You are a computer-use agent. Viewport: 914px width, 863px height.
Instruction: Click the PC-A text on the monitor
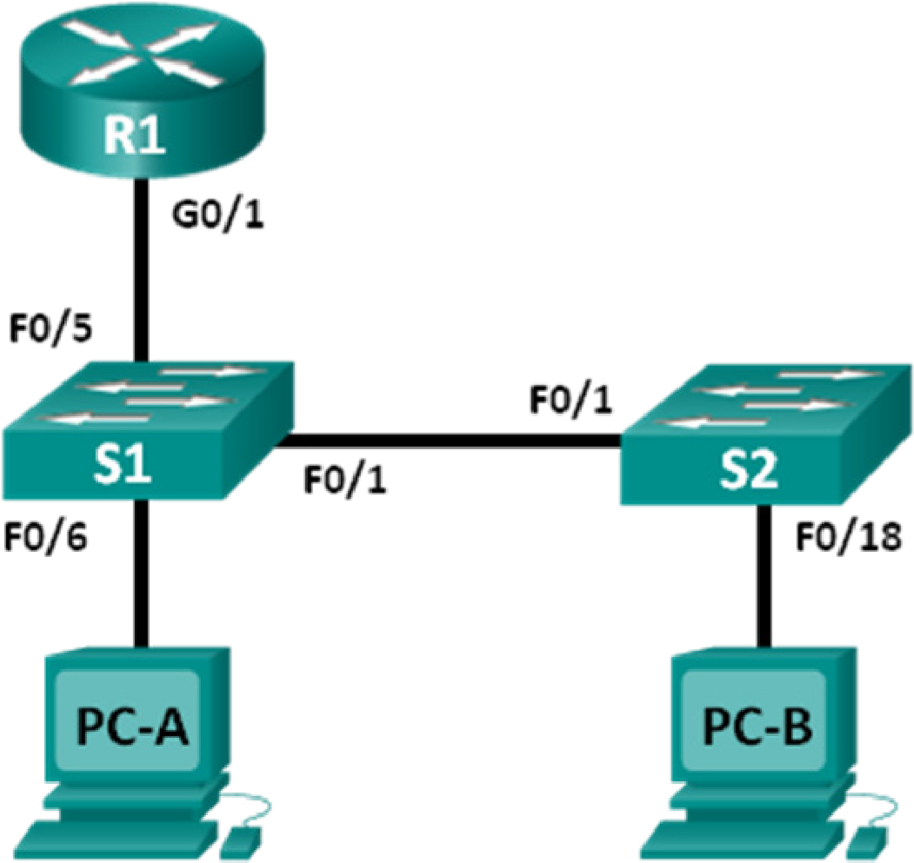click(x=133, y=728)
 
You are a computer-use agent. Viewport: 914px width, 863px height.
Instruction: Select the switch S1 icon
click(x=149, y=429)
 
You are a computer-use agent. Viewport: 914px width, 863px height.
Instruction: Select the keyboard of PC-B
click(x=744, y=839)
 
